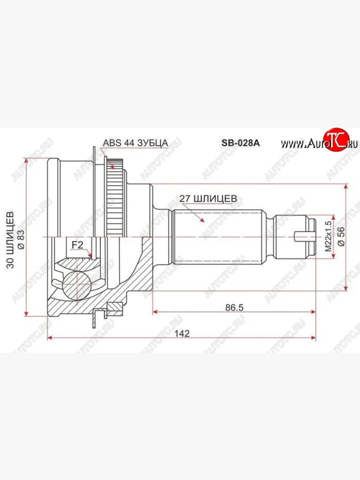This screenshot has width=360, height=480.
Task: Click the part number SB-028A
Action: tap(241, 143)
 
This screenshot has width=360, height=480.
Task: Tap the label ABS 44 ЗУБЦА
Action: tap(135, 143)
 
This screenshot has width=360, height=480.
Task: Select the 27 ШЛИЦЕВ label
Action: tap(208, 198)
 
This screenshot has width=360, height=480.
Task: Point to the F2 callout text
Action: tap(77, 245)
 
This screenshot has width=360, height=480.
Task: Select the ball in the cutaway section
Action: tap(77, 284)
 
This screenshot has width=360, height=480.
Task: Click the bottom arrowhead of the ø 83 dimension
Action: tap(26, 313)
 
